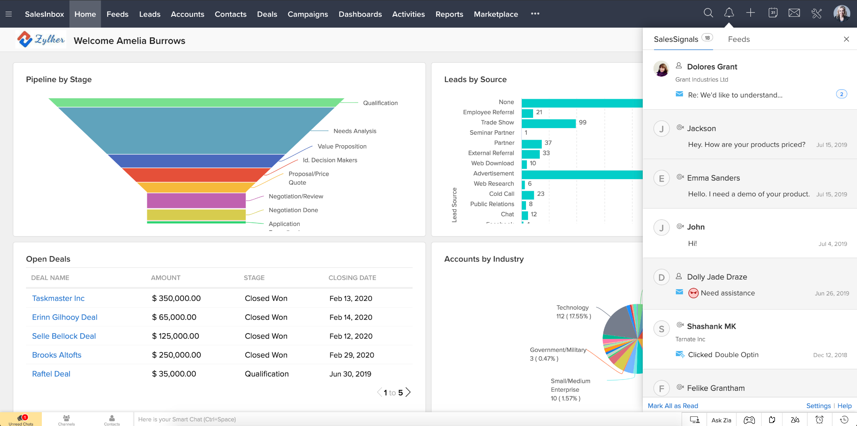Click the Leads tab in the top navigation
(149, 14)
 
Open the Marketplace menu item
(495, 14)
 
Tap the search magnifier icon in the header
(708, 13)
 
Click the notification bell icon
(729, 13)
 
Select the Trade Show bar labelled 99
(549, 123)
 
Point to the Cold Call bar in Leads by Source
(528, 195)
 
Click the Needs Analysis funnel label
(355, 131)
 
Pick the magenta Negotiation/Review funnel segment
(196, 200)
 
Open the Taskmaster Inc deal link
(58, 298)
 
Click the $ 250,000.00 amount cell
(176, 355)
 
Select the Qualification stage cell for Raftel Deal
(267, 374)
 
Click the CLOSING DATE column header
(352, 278)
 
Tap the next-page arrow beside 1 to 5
(408, 393)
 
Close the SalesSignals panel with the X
(846, 39)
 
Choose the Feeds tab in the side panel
(739, 39)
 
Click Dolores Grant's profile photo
(661, 69)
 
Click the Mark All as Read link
(672, 406)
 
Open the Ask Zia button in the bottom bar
(721, 420)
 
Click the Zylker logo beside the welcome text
(41, 40)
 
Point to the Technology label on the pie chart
(572, 308)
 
